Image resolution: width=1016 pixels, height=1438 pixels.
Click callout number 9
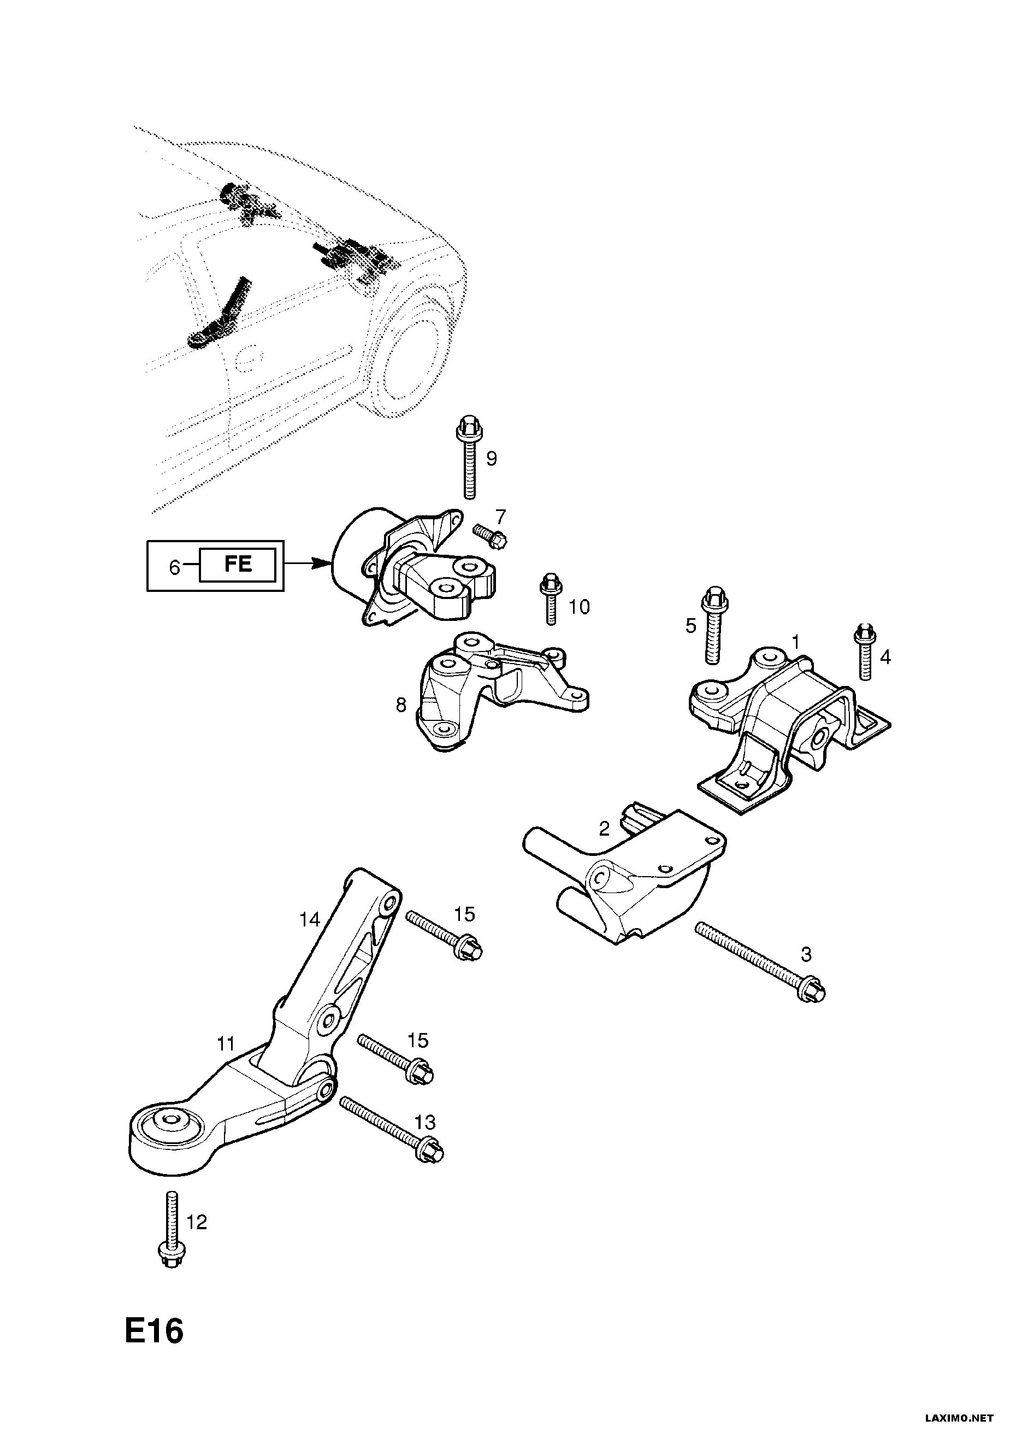(x=492, y=459)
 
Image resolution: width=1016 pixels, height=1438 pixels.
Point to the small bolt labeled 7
(x=489, y=534)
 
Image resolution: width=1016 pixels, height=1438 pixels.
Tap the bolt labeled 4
(x=865, y=651)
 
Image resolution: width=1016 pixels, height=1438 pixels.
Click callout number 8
(x=401, y=705)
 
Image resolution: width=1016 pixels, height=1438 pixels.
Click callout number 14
(x=309, y=919)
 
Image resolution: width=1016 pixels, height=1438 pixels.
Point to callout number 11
(x=226, y=1043)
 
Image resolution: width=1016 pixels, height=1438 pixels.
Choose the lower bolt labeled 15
(x=395, y=1058)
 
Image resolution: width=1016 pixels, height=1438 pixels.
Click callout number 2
(x=604, y=829)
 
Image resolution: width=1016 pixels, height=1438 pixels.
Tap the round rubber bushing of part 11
(x=168, y=1119)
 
